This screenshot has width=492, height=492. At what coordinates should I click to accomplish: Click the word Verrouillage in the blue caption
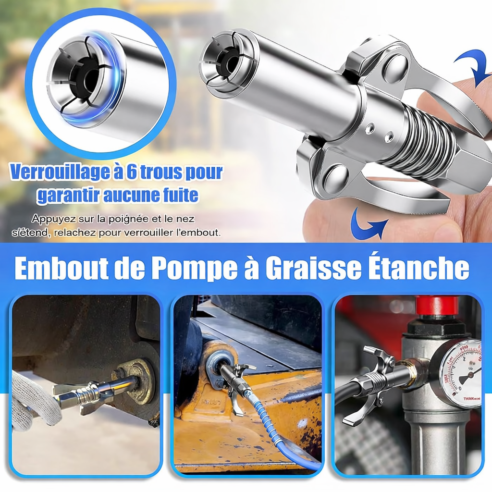point(59,172)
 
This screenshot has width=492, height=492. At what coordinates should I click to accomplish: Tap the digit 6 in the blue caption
point(131,172)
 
